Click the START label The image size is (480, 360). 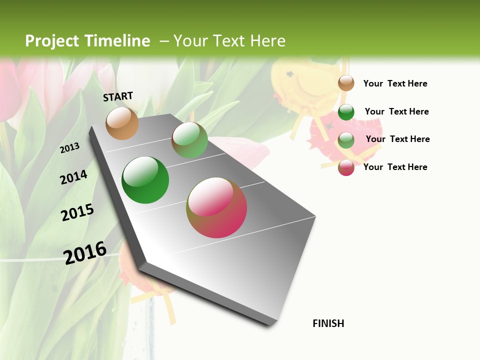pos(118,96)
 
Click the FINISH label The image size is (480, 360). pos(328,323)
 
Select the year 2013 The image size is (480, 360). pos(70,148)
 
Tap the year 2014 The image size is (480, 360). pos(74,177)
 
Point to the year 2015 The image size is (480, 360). pos(77,212)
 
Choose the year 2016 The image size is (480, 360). pos(85,252)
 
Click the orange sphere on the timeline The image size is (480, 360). pos(122,123)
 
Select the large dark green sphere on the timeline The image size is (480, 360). pos(145,180)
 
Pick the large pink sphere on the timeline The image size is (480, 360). pos(216,207)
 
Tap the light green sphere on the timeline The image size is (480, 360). pos(189,140)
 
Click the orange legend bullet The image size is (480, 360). pos(346,83)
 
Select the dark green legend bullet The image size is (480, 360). pos(346,112)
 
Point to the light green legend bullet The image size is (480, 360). pos(346,139)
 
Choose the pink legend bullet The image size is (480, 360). pos(346,167)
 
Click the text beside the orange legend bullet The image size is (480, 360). pos(395,83)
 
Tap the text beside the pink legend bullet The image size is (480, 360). pos(395,167)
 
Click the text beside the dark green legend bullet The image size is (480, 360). pos(396,111)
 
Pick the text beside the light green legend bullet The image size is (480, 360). pos(397,139)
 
